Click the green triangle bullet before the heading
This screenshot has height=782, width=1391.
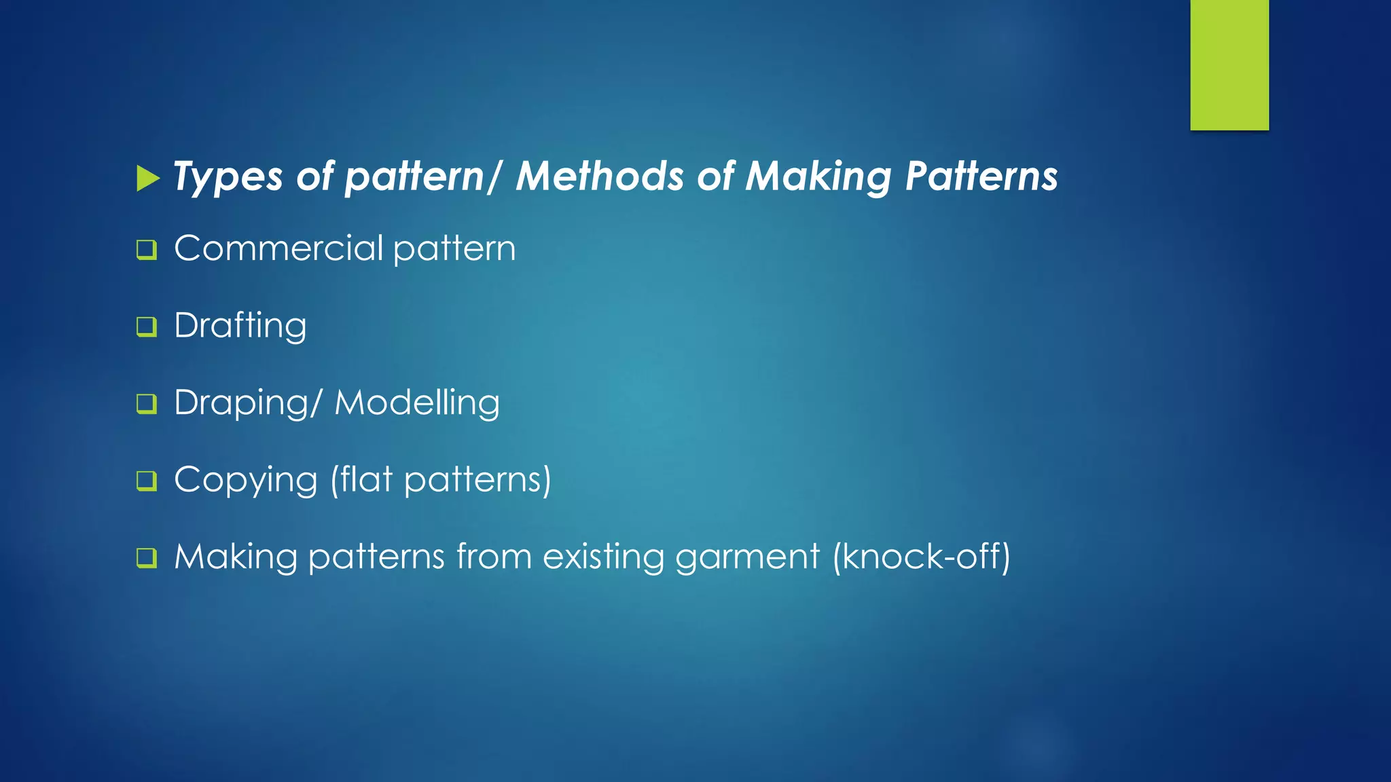pyautogui.click(x=147, y=179)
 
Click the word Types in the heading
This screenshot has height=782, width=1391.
pyautogui.click(x=228, y=178)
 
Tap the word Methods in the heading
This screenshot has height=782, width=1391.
pyautogui.click(x=600, y=176)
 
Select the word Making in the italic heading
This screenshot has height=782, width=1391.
pyautogui.click(x=818, y=178)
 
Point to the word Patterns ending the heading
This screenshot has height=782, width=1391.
pyautogui.click(x=981, y=176)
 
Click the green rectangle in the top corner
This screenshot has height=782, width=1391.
pyautogui.click(x=1229, y=65)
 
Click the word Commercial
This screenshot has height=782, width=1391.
pyautogui.click(x=279, y=248)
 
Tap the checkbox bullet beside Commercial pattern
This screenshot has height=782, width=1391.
pyautogui.click(x=147, y=250)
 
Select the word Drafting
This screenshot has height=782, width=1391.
pyautogui.click(x=240, y=326)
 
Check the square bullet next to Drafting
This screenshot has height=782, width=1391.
pyautogui.click(x=147, y=327)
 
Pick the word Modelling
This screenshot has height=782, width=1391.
pyautogui.click(x=417, y=403)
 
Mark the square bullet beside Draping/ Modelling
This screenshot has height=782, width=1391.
pyautogui.click(x=147, y=404)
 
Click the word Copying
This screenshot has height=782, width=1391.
pyautogui.click(x=246, y=481)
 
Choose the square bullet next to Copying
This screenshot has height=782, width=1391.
pyautogui.click(x=147, y=481)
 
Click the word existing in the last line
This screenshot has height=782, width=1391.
pyautogui.click(x=603, y=557)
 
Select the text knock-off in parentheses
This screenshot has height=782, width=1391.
pyautogui.click(x=922, y=557)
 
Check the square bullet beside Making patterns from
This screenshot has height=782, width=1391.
pyautogui.click(x=147, y=558)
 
